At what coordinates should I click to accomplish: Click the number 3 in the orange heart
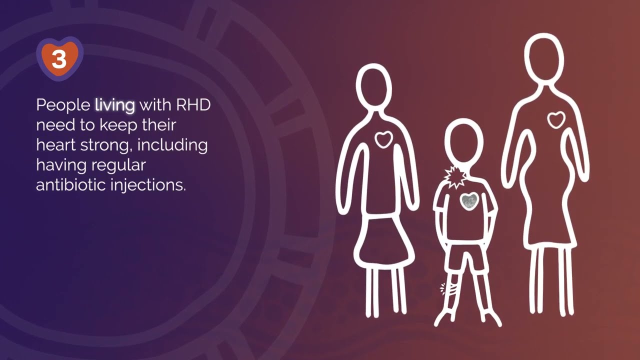[59, 60]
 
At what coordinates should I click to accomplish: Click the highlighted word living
[115, 105]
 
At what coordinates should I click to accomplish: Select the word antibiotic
[70, 184]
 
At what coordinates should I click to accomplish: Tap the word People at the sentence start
[63, 105]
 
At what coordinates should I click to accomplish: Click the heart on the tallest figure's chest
[555, 119]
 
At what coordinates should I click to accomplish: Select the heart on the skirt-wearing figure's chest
[383, 139]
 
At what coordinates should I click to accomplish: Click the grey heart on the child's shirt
[469, 201]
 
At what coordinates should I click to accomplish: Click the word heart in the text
[55, 145]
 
